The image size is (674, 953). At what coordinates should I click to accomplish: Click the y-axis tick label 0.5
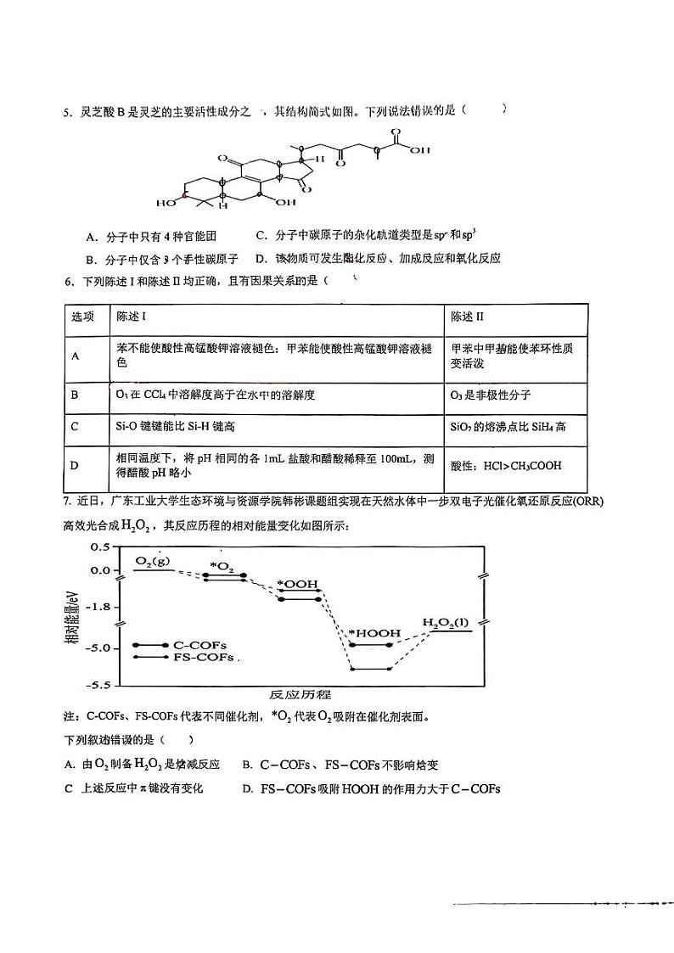99,547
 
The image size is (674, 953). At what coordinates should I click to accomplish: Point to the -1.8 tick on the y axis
98,606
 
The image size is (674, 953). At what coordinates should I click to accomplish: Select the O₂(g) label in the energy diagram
153,560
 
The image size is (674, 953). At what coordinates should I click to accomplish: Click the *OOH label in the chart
297,584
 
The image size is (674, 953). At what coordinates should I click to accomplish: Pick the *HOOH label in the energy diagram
372,633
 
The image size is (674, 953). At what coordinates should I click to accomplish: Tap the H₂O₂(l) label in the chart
446,623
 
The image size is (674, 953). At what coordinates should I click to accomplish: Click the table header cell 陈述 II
468,317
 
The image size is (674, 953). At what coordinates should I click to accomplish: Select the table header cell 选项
83,317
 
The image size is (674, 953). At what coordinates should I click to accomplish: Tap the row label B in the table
75,395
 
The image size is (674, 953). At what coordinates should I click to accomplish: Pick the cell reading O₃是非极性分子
491,395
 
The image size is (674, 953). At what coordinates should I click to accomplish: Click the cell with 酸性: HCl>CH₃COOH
506,465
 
